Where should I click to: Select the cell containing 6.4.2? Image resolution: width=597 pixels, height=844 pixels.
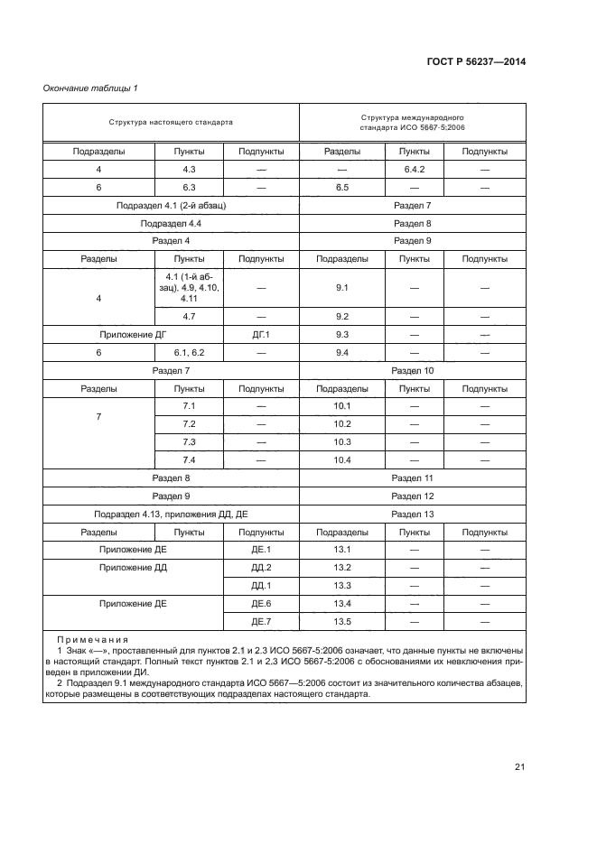click(414, 170)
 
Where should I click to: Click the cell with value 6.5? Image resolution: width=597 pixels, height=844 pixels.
click(341, 188)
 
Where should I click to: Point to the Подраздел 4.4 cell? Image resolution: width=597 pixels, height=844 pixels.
click(171, 223)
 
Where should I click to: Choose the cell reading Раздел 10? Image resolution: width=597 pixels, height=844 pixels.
click(413, 371)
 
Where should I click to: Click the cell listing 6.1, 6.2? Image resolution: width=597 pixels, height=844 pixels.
click(189, 353)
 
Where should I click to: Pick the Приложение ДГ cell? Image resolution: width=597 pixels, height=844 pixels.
click(133, 335)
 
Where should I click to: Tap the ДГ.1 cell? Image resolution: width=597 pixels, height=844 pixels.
click(261, 335)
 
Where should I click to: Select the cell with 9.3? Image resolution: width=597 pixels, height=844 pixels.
click(341, 335)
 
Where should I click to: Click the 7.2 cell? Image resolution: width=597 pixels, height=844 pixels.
click(189, 424)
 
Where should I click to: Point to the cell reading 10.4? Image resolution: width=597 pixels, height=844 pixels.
click(341, 460)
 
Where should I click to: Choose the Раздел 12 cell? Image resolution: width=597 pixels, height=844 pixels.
click(413, 496)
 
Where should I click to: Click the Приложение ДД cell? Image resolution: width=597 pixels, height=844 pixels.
click(133, 568)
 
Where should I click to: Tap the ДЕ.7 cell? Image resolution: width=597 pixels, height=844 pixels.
click(261, 621)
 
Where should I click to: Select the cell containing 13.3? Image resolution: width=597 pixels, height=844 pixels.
click(341, 585)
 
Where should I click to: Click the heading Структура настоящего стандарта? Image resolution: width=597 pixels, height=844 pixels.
click(171, 121)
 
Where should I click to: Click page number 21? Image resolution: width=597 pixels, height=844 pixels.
click(519, 767)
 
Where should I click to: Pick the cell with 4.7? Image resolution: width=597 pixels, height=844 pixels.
click(189, 317)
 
